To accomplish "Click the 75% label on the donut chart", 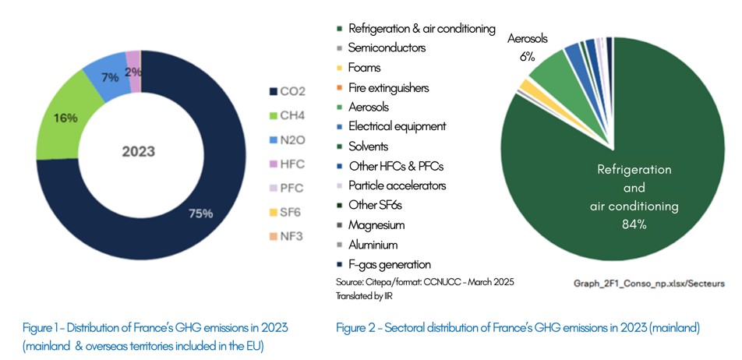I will [x=200, y=214].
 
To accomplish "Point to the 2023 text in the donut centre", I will [x=137, y=151].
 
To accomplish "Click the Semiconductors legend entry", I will [x=387, y=48].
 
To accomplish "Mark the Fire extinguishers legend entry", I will [x=388, y=87].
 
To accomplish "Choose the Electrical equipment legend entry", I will [x=397, y=126].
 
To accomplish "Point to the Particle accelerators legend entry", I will [x=397, y=185].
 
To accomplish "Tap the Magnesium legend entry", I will [x=377, y=225].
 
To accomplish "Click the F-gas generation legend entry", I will [x=389, y=264].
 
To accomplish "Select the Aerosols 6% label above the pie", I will [x=528, y=47].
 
